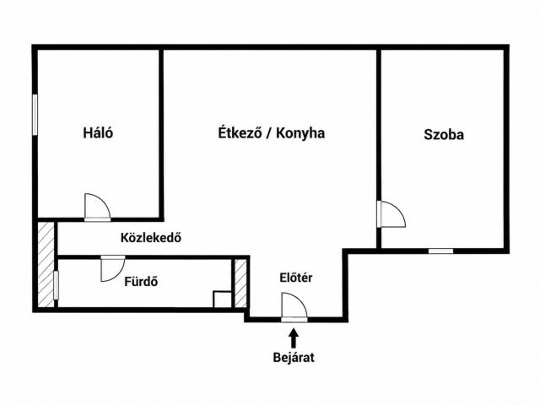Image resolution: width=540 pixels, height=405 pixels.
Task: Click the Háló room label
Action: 98,132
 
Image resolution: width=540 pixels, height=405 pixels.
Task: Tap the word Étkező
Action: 240,132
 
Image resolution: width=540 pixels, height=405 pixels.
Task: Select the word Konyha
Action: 300,133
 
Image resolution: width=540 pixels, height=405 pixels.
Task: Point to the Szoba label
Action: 444,134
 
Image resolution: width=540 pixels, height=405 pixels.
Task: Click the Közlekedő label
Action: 151,238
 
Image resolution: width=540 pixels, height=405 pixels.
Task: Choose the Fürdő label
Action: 141,282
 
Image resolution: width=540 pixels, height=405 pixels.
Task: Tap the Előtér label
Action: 296,278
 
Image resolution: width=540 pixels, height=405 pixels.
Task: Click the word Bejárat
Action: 294,358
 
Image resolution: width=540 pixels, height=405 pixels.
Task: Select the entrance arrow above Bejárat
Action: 294,337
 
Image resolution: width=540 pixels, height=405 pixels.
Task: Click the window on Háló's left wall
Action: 35,115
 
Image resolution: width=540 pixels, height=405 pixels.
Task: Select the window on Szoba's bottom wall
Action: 440,251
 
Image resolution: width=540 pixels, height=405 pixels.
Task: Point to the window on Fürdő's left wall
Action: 57,285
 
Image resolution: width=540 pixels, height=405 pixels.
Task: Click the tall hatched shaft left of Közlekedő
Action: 46,264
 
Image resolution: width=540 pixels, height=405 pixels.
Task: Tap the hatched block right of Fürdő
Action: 240,283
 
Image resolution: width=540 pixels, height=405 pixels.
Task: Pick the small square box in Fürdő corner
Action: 222,300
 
